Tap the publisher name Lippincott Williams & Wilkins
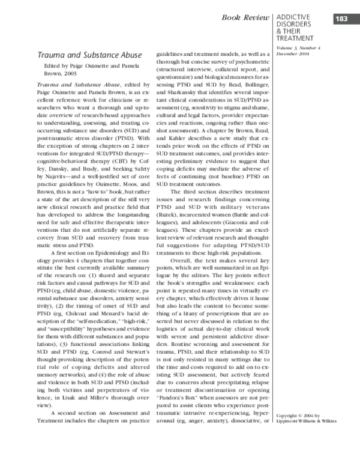tap(307, 420)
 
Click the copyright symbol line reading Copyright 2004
tap(299, 414)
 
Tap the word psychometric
tap(246, 61)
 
